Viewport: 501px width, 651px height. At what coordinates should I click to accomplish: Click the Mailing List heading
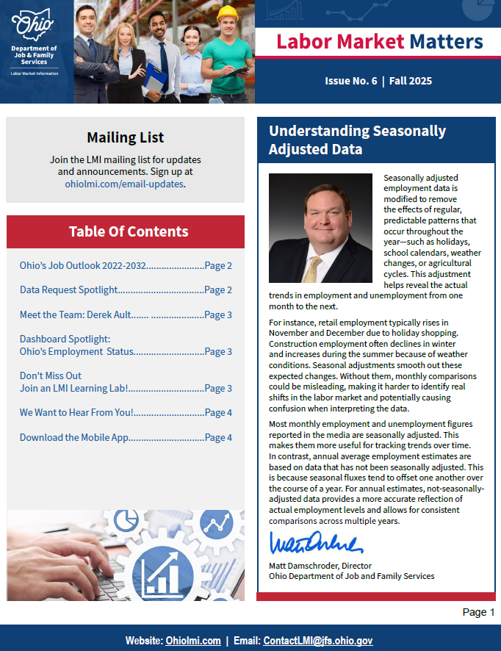click(x=125, y=137)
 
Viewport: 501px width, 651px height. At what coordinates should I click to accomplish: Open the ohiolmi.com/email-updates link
click(x=124, y=184)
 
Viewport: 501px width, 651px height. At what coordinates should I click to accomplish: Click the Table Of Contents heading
click(x=129, y=231)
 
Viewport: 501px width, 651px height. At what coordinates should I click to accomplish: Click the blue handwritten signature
click(x=316, y=544)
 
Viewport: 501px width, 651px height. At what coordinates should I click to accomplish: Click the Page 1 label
click(x=478, y=612)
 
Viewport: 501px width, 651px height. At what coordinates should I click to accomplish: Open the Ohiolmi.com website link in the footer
click(x=193, y=641)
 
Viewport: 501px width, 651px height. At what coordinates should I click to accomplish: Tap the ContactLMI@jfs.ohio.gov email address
click(x=318, y=641)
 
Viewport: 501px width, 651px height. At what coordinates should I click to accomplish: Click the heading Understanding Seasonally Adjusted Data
click(x=357, y=140)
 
